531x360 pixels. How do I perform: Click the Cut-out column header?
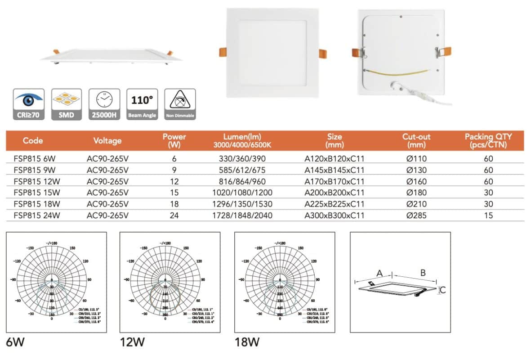tap(416, 140)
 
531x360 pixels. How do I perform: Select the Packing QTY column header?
tap(488, 140)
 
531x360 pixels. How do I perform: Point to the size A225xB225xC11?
tap(335, 204)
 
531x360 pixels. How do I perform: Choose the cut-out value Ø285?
tap(416, 216)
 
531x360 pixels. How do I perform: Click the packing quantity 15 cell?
tap(488, 216)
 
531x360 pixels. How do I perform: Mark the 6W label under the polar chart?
tap(15, 342)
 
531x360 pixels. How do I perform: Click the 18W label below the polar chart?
tap(247, 342)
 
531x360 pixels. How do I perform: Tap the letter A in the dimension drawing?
tap(379, 273)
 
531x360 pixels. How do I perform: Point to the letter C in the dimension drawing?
tap(442, 290)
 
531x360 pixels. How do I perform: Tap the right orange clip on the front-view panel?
tap(323, 53)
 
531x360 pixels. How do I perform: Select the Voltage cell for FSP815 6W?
tap(107, 159)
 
